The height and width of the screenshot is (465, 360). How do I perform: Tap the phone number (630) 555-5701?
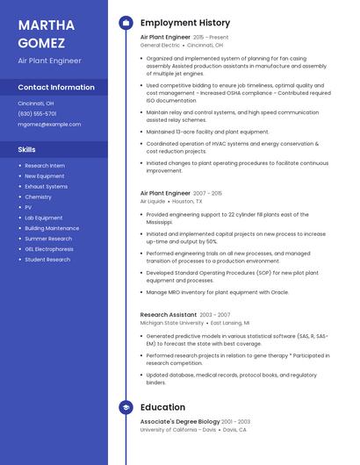pyautogui.click(x=37, y=113)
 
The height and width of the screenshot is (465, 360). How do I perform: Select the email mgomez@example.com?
pyautogui.click(x=49, y=125)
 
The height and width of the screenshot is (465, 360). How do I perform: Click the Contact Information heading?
pyautogui.click(x=56, y=88)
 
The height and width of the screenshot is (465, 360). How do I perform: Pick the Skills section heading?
pyautogui.click(x=27, y=149)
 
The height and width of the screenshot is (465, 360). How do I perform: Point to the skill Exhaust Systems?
pyautogui.click(x=46, y=186)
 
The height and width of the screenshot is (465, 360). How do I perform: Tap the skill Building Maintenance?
pyautogui.click(x=52, y=228)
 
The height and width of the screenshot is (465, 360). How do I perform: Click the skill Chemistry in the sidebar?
pyautogui.click(x=38, y=197)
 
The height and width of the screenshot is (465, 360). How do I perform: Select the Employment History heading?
pyautogui.click(x=185, y=23)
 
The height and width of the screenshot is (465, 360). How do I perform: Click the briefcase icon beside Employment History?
pyautogui.click(x=126, y=23)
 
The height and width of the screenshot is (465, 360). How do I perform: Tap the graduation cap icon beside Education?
pyautogui.click(x=126, y=407)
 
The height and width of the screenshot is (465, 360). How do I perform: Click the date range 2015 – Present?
pyautogui.click(x=211, y=38)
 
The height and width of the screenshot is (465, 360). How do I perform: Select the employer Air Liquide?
pyautogui.click(x=153, y=201)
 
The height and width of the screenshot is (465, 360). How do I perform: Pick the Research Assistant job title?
pyautogui.click(x=169, y=314)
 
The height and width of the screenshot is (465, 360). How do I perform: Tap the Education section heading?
pyautogui.click(x=162, y=407)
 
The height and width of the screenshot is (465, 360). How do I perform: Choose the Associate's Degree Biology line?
pyautogui.click(x=180, y=422)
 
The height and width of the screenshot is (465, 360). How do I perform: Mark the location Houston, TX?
pyautogui.click(x=187, y=201)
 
